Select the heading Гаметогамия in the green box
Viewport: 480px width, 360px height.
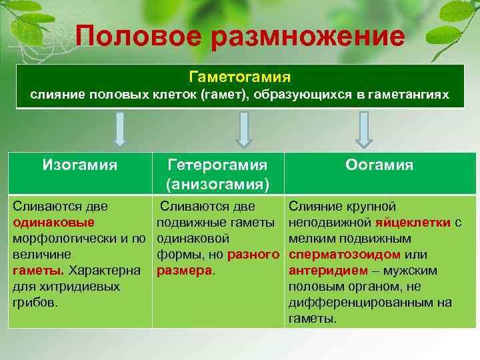pyautogui.click(x=239, y=77)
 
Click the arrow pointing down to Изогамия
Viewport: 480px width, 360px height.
pyautogui.click(x=120, y=129)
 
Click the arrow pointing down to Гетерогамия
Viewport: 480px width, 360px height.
pyautogui.click(x=244, y=129)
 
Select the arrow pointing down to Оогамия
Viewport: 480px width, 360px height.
pyautogui.click(x=363, y=129)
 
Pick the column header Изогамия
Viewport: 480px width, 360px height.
pyautogui.click(x=80, y=164)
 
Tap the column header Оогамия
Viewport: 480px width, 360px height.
pyautogui.click(x=379, y=165)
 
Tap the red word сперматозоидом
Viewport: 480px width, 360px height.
pyautogui.click(x=345, y=255)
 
